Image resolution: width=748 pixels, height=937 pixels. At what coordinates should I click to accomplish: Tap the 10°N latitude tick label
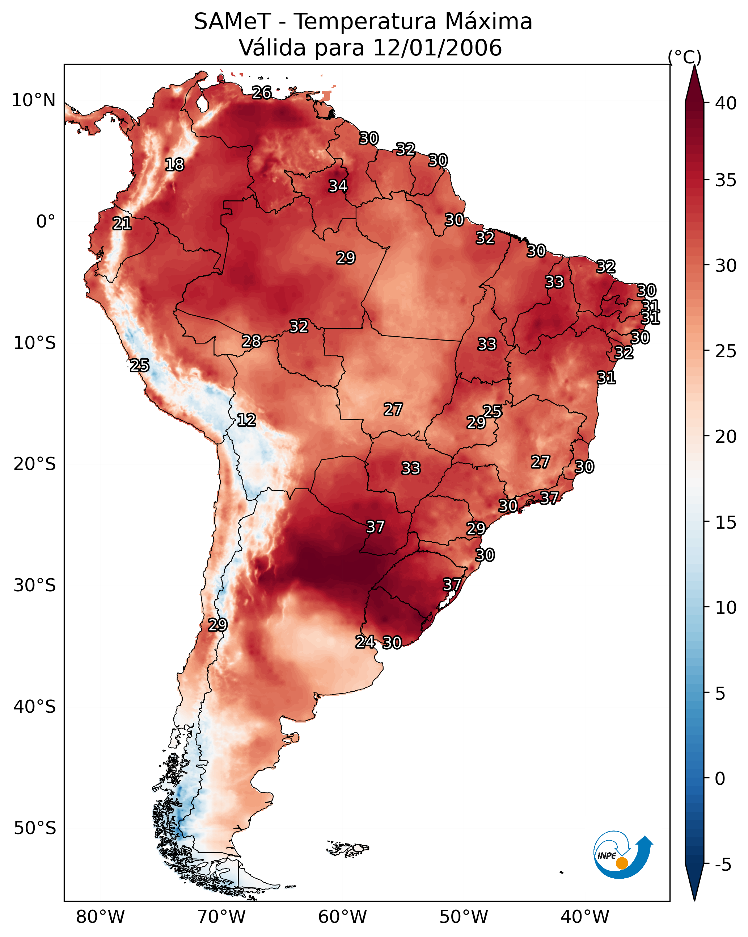tap(33, 100)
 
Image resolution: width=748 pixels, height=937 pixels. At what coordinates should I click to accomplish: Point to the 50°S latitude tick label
tap(34, 828)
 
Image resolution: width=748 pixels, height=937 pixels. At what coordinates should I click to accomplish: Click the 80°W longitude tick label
tap(100, 917)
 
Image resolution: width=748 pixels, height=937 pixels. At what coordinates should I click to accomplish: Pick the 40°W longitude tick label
tap(585, 917)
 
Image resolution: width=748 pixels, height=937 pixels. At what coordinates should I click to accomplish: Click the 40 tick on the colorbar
tap(726, 103)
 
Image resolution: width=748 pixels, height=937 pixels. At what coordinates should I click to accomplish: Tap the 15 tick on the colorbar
tap(726, 522)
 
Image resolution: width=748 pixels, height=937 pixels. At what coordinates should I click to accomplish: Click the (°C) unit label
tap(685, 57)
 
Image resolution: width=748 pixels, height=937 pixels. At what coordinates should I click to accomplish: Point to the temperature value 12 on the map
tap(246, 420)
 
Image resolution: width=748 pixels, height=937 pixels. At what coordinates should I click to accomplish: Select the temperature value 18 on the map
tap(174, 165)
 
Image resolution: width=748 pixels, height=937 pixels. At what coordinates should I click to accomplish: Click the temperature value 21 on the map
tap(122, 224)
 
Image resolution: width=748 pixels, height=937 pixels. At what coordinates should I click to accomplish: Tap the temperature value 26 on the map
tap(262, 92)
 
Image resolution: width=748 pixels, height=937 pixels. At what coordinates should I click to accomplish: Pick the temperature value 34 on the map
tap(338, 186)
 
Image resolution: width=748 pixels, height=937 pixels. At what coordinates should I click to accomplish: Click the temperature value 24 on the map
tap(365, 642)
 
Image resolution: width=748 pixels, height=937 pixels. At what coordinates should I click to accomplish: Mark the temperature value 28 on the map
tap(252, 342)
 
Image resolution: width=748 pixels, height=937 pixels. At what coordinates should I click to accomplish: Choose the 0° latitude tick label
tap(46, 222)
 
